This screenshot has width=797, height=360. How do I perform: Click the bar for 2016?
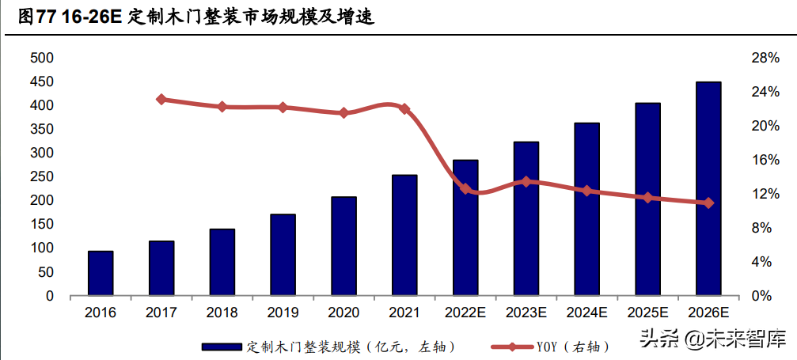[x=101, y=274]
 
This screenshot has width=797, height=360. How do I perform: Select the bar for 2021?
[x=404, y=236]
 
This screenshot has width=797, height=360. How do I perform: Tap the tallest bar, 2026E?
[x=708, y=189]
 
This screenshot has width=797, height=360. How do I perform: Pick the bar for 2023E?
[x=526, y=219]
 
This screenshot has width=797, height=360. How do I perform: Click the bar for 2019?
[x=283, y=255]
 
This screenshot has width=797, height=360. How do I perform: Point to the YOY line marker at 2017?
[x=161, y=100]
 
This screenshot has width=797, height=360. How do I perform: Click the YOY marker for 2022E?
[x=465, y=189]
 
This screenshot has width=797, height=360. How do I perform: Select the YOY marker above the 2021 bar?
[x=404, y=108]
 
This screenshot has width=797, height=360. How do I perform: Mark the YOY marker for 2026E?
[x=708, y=203]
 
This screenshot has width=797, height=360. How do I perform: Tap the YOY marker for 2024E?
[x=586, y=191]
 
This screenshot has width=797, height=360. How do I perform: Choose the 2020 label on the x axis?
[x=343, y=313]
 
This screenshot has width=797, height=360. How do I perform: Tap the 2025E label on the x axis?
[x=647, y=313]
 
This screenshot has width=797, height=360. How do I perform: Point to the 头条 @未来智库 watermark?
[x=712, y=339]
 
